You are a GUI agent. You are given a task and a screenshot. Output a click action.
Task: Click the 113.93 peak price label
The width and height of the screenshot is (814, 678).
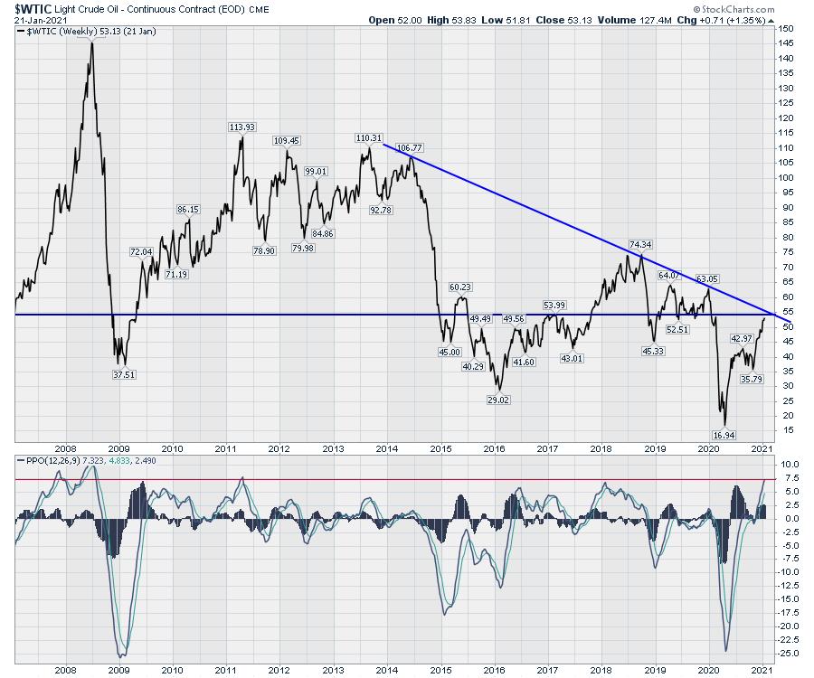point(241,127)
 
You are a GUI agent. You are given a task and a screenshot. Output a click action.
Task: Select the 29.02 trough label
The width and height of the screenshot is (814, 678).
point(494,399)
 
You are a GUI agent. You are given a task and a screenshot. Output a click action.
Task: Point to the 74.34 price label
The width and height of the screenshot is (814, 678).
point(640,244)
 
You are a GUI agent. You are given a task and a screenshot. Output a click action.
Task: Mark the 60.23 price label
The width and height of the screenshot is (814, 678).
point(460,287)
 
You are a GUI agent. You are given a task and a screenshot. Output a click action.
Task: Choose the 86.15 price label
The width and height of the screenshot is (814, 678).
point(187,209)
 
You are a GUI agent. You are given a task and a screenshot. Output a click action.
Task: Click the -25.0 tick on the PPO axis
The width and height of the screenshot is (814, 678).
point(789,652)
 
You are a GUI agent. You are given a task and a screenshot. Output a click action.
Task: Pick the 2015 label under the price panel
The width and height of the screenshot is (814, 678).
point(440,447)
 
